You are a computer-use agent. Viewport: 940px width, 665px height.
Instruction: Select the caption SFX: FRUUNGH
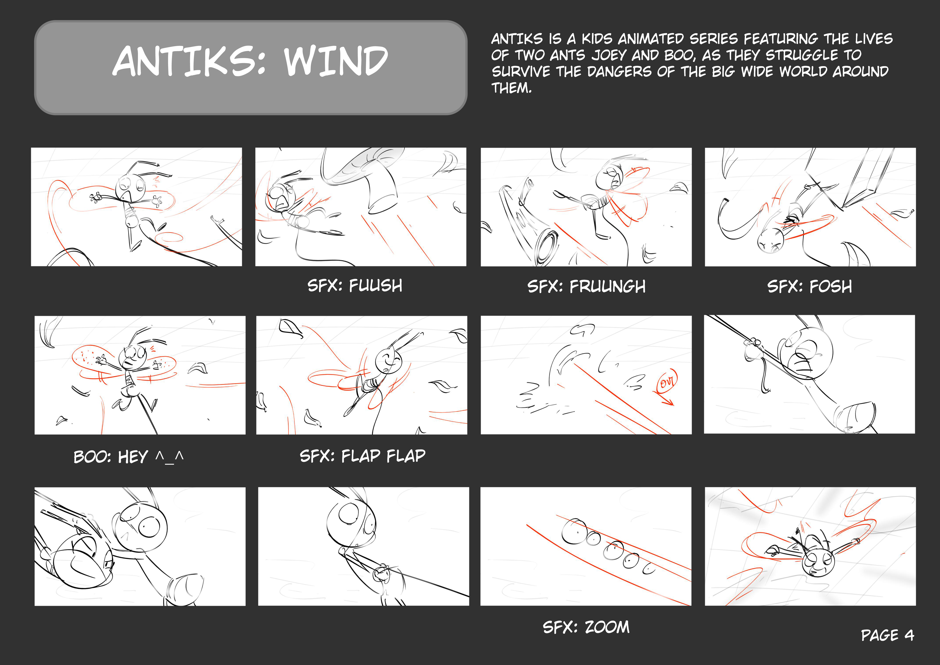pyautogui.click(x=586, y=286)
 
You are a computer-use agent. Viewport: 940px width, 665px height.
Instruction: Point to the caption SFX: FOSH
pyautogui.click(x=809, y=286)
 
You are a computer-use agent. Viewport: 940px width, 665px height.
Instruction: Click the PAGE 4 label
pyautogui.click(x=887, y=635)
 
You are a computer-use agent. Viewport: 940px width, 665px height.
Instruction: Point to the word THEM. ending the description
pyautogui.click(x=511, y=88)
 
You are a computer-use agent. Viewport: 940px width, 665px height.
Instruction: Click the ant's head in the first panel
pyautogui.click(x=130, y=187)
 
